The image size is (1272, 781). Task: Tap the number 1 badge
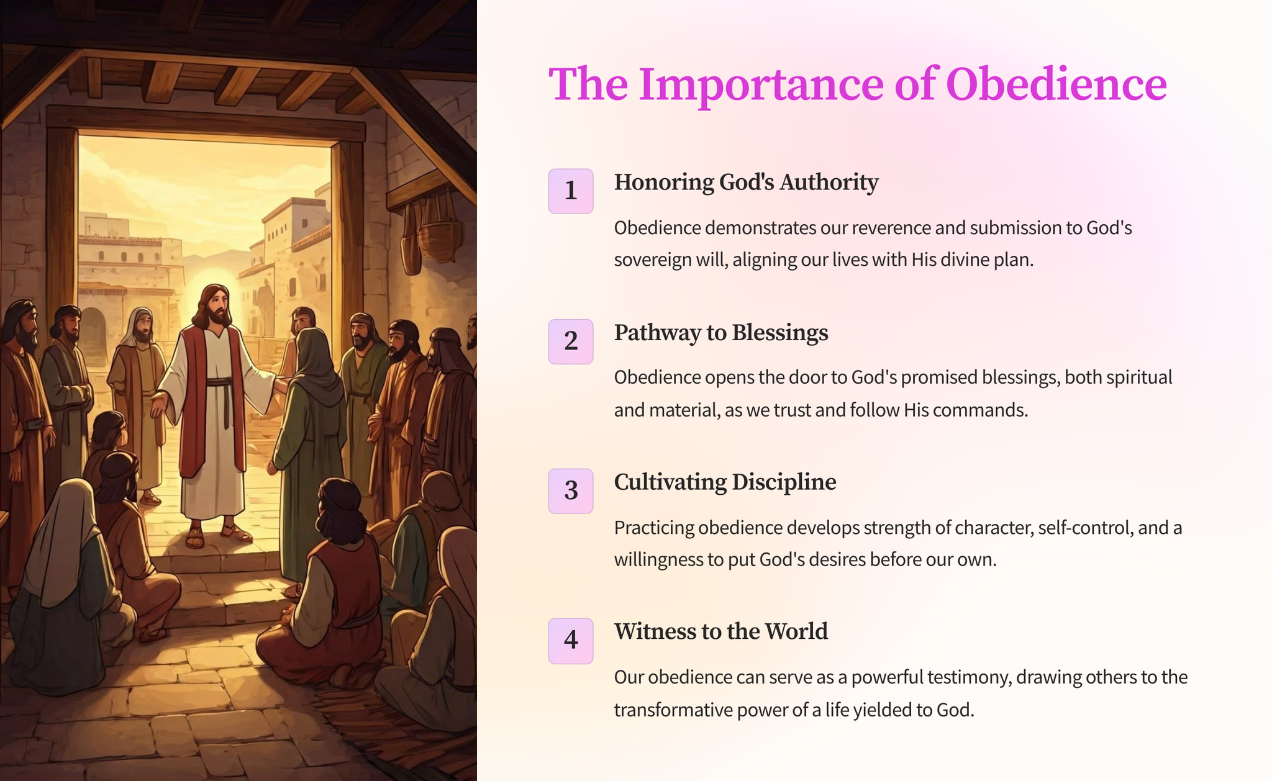(570, 191)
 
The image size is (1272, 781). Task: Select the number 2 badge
(570, 341)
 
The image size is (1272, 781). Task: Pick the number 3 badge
(570, 491)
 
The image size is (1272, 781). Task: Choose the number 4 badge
(570, 641)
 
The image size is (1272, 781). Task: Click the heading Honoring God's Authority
(746, 183)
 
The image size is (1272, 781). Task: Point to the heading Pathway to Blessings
(721, 333)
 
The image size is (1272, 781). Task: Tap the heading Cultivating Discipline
(725, 482)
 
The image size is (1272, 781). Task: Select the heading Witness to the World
(721, 631)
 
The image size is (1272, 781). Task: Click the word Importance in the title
(761, 86)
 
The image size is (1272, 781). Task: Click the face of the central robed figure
(215, 305)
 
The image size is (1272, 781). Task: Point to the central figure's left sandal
(236, 533)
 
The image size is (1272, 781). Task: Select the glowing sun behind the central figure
(199, 292)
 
